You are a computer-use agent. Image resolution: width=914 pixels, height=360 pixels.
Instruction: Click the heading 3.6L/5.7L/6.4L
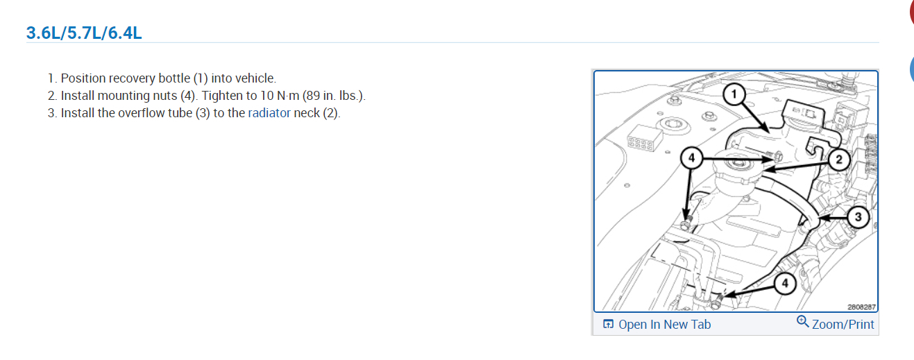click(x=84, y=33)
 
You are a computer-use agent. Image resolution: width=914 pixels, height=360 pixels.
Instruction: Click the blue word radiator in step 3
click(x=269, y=113)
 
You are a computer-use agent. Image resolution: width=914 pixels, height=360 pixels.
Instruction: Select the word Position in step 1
click(x=85, y=78)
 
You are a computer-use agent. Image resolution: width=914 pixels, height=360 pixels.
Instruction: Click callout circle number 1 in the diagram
click(x=734, y=94)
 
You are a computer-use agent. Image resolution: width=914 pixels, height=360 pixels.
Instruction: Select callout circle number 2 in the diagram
click(x=838, y=160)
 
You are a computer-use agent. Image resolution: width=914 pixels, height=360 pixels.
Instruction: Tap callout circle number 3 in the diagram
click(x=858, y=217)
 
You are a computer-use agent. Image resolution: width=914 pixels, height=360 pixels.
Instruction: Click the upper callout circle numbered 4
click(x=692, y=157)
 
